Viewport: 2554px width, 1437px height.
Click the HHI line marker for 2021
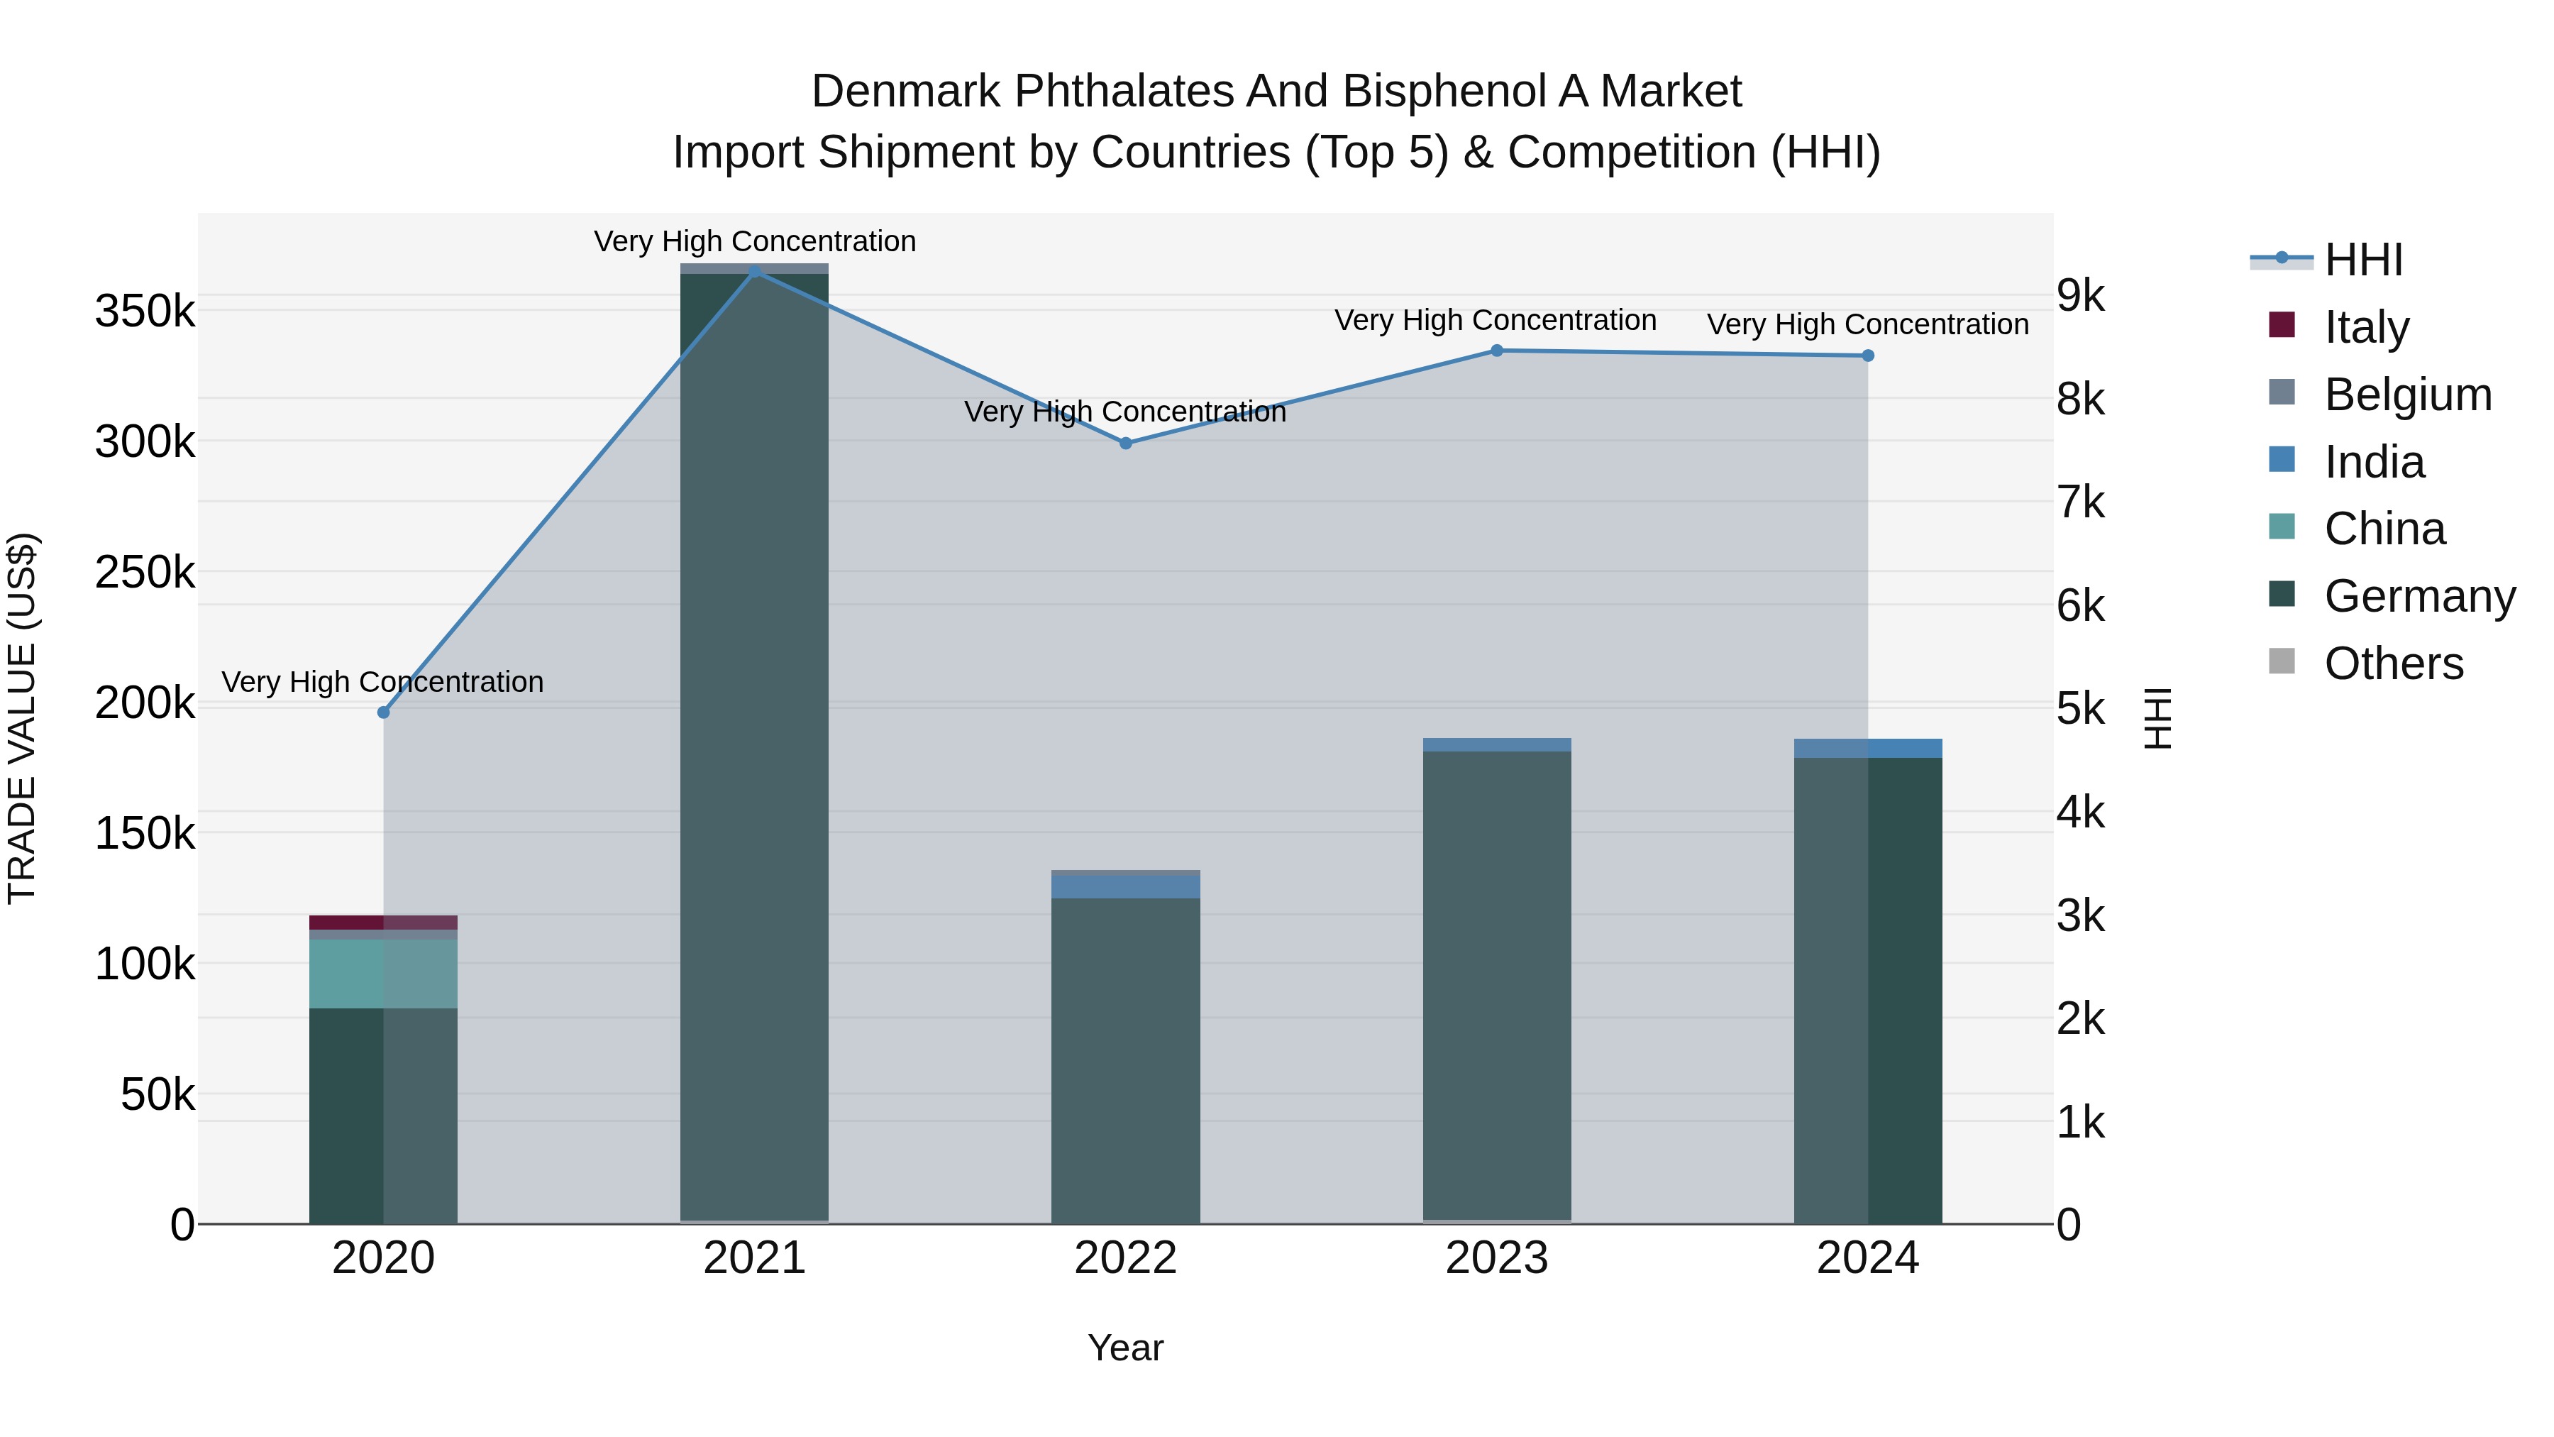(755, 271)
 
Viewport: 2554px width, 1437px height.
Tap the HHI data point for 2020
(384, 712)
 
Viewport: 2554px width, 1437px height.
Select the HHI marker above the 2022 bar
(1125, 444)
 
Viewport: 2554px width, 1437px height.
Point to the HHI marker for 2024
(1868, 355)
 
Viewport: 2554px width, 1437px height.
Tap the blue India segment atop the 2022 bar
(1125, 886)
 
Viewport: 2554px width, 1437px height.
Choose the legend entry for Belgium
(2407, 395)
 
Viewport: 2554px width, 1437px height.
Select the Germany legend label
(2419, 596)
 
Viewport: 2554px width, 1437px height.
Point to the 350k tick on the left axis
(145, 312)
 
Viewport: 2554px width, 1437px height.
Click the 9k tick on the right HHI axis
(2080, 295)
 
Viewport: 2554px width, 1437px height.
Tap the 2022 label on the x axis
(1125, 1258)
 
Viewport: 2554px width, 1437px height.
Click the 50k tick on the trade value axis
(157, 1095)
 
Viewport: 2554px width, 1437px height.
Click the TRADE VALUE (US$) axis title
(22, 718)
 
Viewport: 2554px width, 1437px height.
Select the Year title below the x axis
(1125, 1348)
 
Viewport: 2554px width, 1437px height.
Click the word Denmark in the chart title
(905, 92)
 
